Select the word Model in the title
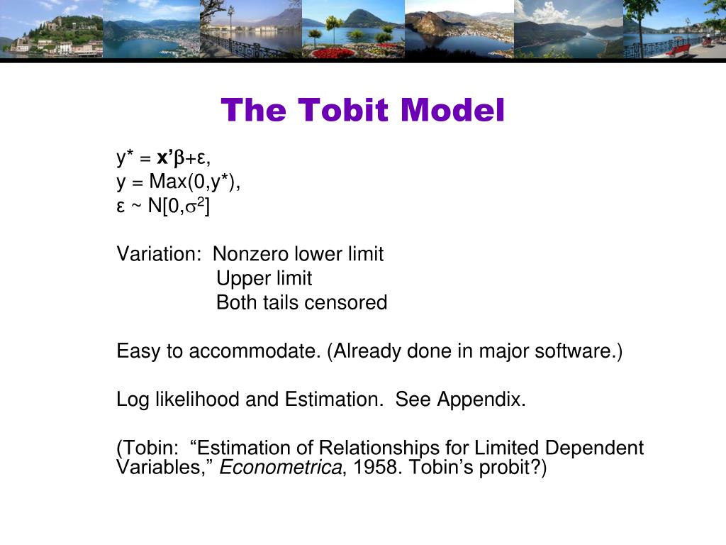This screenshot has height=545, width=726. click(452, 110)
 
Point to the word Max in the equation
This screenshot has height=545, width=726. click(167, 181)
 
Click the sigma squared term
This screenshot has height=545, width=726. click(195, 205)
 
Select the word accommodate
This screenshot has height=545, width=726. click(255, 351)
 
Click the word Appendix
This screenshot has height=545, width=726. click(481, 400)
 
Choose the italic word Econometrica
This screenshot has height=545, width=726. click(281, 467)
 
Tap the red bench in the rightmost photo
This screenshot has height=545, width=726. click(678, 50)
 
